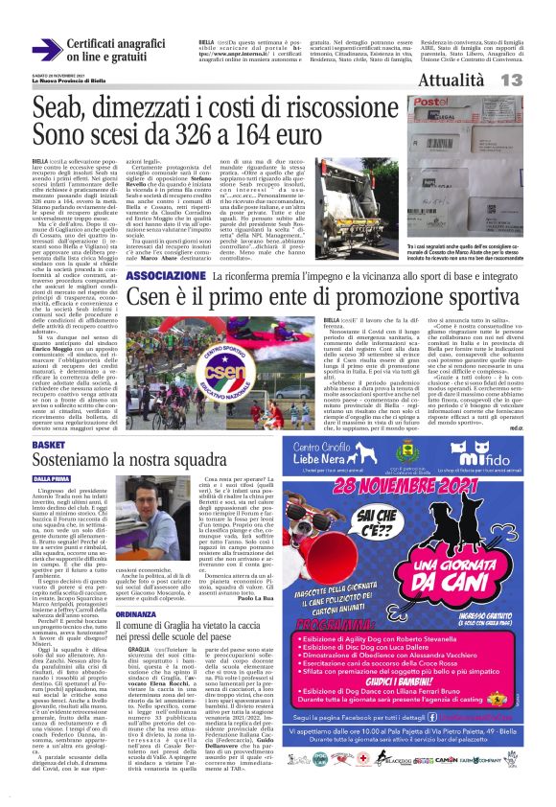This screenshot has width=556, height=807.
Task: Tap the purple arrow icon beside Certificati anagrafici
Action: (x=46, y=49)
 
